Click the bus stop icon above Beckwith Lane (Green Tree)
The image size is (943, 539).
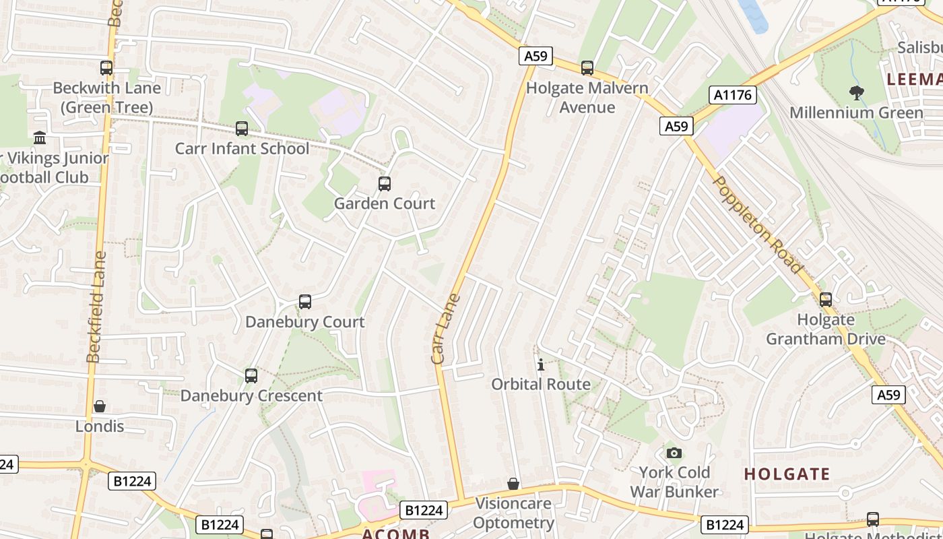[106, 67]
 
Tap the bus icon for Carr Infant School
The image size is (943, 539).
[242, 128]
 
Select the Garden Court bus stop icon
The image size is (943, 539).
[385, 183]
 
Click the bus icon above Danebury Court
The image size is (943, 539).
[305, 301]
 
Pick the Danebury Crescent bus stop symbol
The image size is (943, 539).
[251, 375]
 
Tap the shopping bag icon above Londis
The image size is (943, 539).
[100, 406]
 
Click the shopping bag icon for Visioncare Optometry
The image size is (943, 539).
[513, 483]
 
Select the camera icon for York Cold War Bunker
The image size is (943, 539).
[674, 452]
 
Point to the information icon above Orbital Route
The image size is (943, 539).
[540, 364]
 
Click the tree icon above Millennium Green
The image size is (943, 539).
[856, 92]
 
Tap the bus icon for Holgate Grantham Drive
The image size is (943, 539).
[826, 299]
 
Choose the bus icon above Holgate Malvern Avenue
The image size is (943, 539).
[587, 67]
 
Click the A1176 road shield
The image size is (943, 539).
[733, 95]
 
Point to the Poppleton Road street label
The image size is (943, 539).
[759, 224]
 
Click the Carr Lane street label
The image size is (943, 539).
[445, 328]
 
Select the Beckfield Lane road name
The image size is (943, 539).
[96, 307]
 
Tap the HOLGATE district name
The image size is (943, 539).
[787, 474]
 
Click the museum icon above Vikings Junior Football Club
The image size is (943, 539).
[40, 137]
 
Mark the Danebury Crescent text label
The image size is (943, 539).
[251, 395]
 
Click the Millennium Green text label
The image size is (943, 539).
[856, 113]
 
